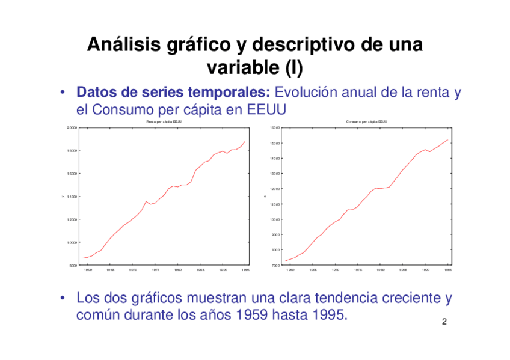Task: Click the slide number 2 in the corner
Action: coord(444,322)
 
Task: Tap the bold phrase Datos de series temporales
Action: coord(173,93)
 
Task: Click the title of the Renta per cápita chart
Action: coord(164,122)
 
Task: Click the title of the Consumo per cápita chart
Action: coord(366,122)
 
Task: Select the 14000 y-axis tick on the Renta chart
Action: coord(72,197)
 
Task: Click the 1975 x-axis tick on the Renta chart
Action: coord(155,270)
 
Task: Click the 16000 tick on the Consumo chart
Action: coord(274,128)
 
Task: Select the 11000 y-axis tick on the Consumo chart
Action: coord(274,204)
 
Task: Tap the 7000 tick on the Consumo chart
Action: coord(275,265)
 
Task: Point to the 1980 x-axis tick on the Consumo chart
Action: coord(381,270)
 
